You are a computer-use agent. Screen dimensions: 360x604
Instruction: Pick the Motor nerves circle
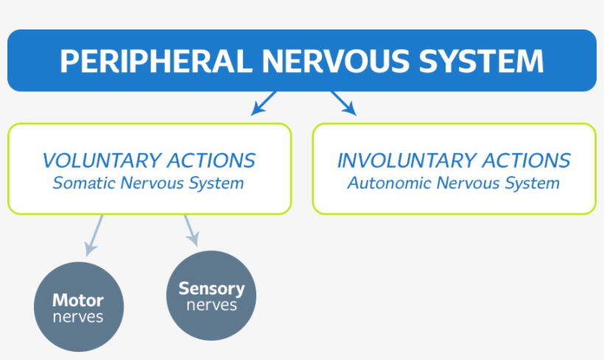point(79,308)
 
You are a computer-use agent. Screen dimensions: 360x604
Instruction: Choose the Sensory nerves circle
point(211,295)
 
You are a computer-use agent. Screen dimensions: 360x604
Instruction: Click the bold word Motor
point(78,300)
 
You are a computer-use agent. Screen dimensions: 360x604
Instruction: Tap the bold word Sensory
point(211,289)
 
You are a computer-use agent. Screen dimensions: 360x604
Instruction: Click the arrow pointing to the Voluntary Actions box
point(264,103)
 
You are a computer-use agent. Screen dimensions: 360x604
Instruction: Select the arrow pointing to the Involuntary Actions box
point(343,103)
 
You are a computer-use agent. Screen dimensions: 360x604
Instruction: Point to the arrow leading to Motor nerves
point(94,234)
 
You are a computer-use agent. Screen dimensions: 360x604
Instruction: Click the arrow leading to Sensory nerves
point(191,231)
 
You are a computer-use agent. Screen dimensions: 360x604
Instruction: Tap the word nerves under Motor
point(78,317)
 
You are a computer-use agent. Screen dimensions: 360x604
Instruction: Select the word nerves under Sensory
point(211,305)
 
